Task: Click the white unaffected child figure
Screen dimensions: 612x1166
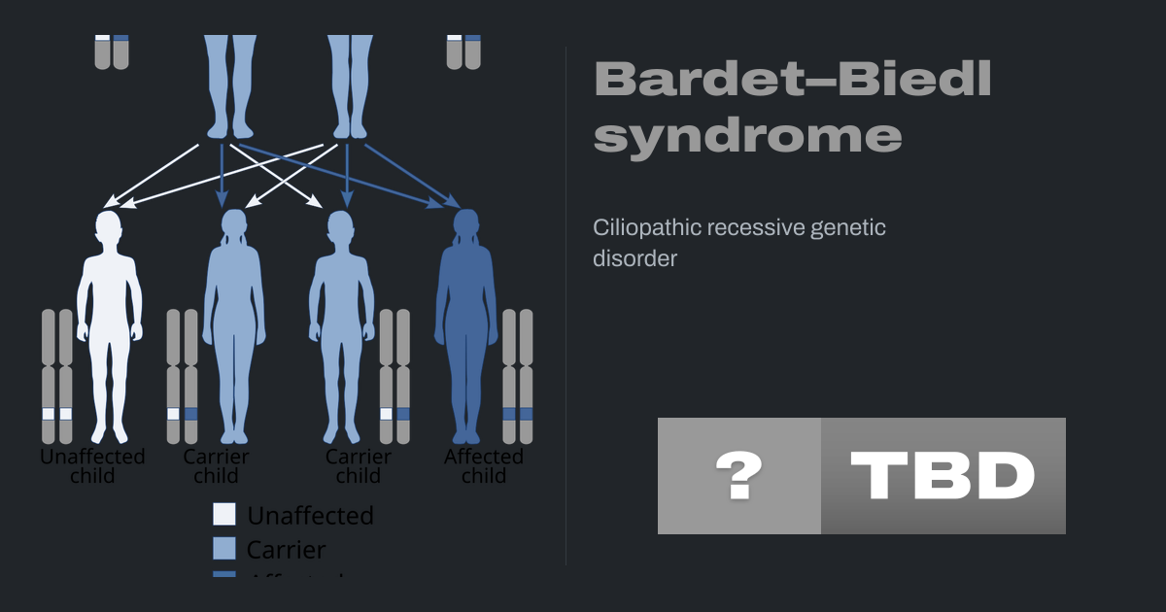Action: coord(109,330)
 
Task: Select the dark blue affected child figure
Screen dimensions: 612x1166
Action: coord(466,330)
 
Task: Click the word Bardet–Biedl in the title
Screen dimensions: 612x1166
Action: coord(792,79)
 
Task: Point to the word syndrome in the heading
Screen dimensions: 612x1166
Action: coord(747,135)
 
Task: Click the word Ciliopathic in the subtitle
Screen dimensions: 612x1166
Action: coord(646,228)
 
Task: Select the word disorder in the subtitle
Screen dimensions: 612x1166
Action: coord(634,259)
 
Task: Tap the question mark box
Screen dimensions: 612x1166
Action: coord(739,476)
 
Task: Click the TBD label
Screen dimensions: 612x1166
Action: coord(943,476)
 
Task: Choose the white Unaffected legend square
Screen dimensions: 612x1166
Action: coord(224,514)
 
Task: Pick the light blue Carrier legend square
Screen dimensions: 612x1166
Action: coord(224,548)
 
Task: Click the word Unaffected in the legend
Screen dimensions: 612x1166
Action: coord(310,515)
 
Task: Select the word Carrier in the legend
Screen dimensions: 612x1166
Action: coord(286,549)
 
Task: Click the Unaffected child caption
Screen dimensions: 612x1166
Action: coord(92,466)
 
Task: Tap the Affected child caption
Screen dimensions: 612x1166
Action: coord(484,466)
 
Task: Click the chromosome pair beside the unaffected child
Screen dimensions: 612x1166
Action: coord(57,377)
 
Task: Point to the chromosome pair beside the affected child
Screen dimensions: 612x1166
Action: coord(518,377)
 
